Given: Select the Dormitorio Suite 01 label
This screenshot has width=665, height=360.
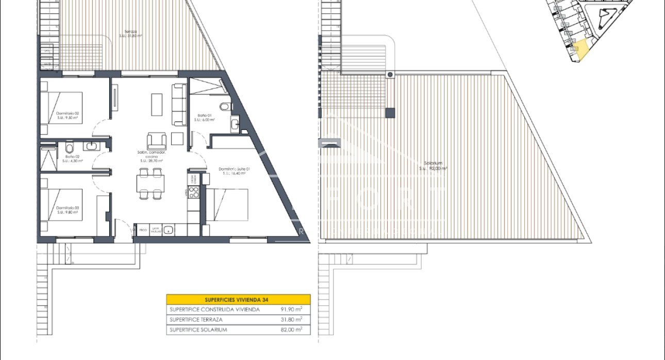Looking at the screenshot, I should pos(234,171).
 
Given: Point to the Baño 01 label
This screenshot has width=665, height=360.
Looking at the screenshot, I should pos(204,117).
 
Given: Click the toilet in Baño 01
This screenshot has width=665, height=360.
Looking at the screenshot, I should pos(224,107).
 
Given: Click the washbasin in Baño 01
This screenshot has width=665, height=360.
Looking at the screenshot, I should pos(235,124).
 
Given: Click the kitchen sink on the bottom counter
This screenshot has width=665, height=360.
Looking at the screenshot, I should pos(168,230).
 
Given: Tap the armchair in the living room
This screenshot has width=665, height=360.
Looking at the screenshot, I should pos(157,140).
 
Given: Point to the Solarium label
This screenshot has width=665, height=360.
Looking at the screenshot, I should pos(432,166).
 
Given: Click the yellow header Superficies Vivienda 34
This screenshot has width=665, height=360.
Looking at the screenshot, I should pos(238,299).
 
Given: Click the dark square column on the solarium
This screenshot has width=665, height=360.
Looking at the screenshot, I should pos(390,112).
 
